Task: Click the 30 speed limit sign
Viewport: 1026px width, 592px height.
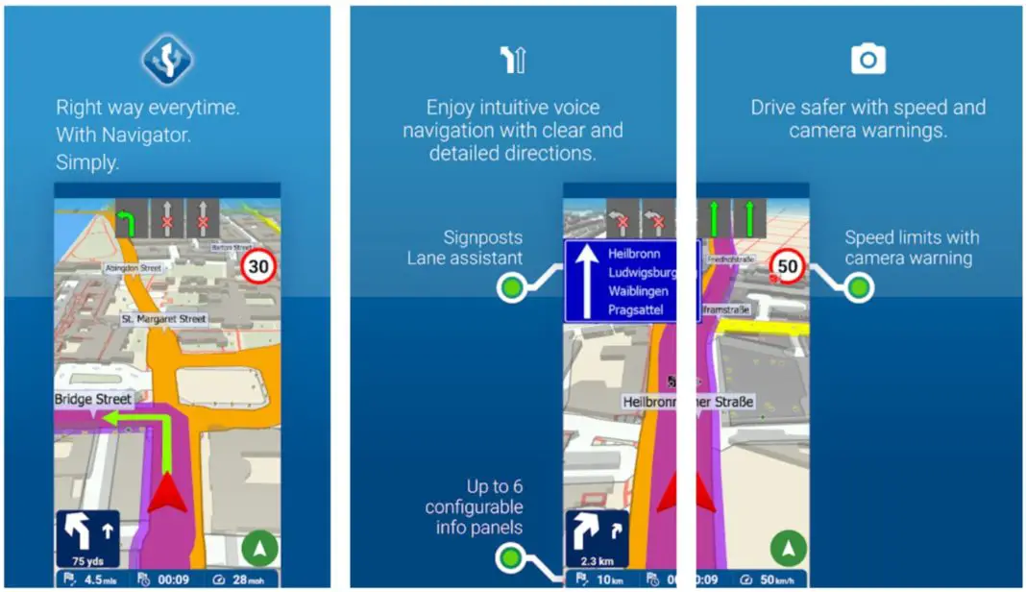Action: coord(258,266)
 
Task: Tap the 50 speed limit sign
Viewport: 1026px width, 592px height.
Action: coord(789,266)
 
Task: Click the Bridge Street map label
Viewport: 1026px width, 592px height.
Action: coord(93,398)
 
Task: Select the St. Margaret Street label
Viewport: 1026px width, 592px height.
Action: coord(164,318)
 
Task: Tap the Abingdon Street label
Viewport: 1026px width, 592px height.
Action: coord(133,268)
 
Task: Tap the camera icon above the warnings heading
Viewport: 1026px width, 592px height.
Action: coord(867,60)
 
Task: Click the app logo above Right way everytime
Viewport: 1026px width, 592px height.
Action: coord(169,60)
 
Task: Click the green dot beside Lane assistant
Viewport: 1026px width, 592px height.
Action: coord(512,286)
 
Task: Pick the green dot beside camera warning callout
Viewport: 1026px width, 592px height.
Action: coord(859,286)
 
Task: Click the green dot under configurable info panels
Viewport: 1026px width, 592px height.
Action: coord(512,558)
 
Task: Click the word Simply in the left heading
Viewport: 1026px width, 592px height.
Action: coord(87,162)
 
